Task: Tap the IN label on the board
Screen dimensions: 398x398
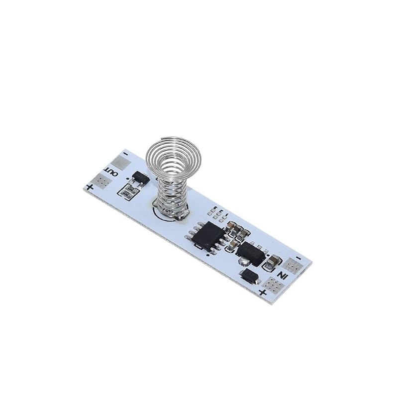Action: [x=282, y=275]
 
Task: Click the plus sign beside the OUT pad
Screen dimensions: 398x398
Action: [x=90, y=188]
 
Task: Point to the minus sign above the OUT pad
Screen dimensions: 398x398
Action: [x=125, y=154]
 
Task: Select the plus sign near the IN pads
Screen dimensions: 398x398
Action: [x=263, y=293]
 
